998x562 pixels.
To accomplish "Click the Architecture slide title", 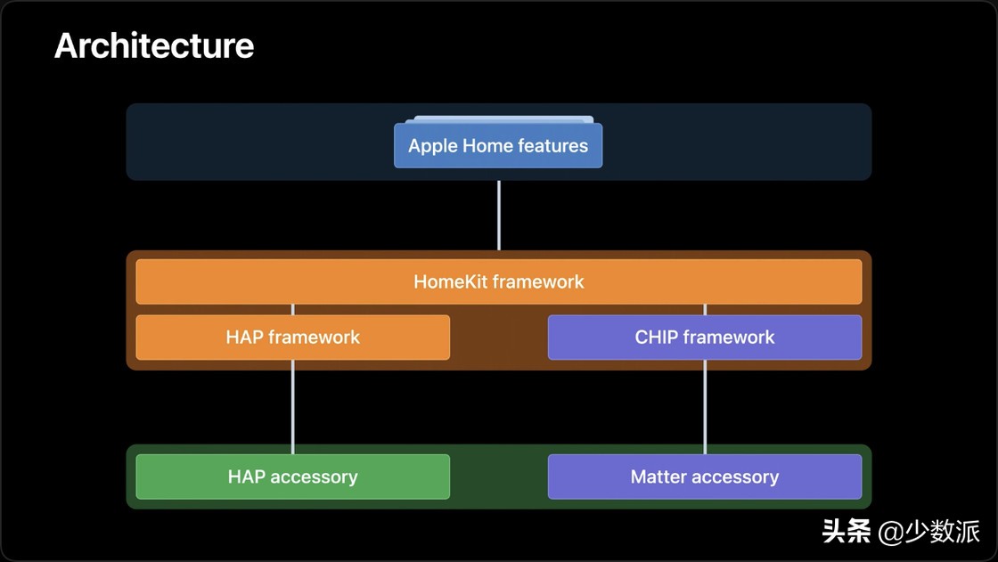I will point(154,45).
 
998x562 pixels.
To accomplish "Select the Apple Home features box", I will point(498,145).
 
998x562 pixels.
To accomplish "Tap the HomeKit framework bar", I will point(498,281).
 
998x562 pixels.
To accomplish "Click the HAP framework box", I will point(292,338).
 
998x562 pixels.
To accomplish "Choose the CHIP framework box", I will point(704,338).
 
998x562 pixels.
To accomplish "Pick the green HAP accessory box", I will point(292,476).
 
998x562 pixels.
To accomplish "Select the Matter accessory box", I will point(704,476).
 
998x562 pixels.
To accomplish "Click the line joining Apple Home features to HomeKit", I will point(498,215).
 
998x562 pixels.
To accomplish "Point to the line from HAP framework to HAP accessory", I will point(292,406).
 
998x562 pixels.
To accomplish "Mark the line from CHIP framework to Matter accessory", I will point(705,406).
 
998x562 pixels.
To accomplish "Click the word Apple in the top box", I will point(432,146).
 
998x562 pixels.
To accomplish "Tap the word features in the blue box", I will point(554,146).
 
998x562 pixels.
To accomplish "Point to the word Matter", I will point(659,477).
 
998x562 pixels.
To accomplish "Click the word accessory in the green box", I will point(314,477).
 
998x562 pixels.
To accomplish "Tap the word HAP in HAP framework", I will point(244,338).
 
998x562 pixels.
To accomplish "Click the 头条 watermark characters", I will point(846,533).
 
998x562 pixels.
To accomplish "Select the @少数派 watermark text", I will point(929,533).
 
